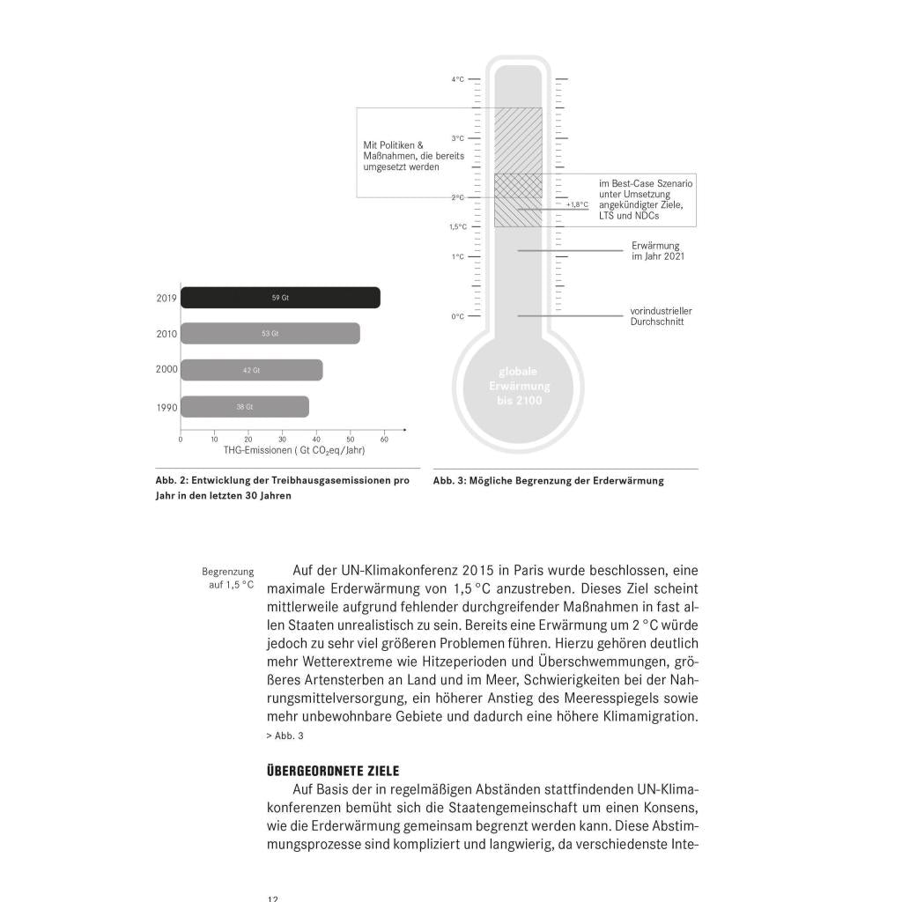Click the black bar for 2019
coord(280,298)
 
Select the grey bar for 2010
coord(270,334)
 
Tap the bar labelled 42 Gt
coord(251,370)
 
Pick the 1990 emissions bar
coord(244,407)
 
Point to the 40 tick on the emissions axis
coord(316,438)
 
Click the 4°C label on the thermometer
coord(458,79)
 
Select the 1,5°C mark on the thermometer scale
coord(458,226)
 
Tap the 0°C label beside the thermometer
coord(458,316)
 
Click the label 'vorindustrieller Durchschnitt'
coord(661,316)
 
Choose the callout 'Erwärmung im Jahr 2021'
coord(657,251)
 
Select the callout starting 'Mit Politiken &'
coord(402,156)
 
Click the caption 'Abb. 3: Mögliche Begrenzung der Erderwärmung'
coord(548,481)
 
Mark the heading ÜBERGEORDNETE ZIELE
coord(332,771)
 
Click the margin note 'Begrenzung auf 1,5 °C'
coord(228,578)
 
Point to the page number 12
coord(272,898)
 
